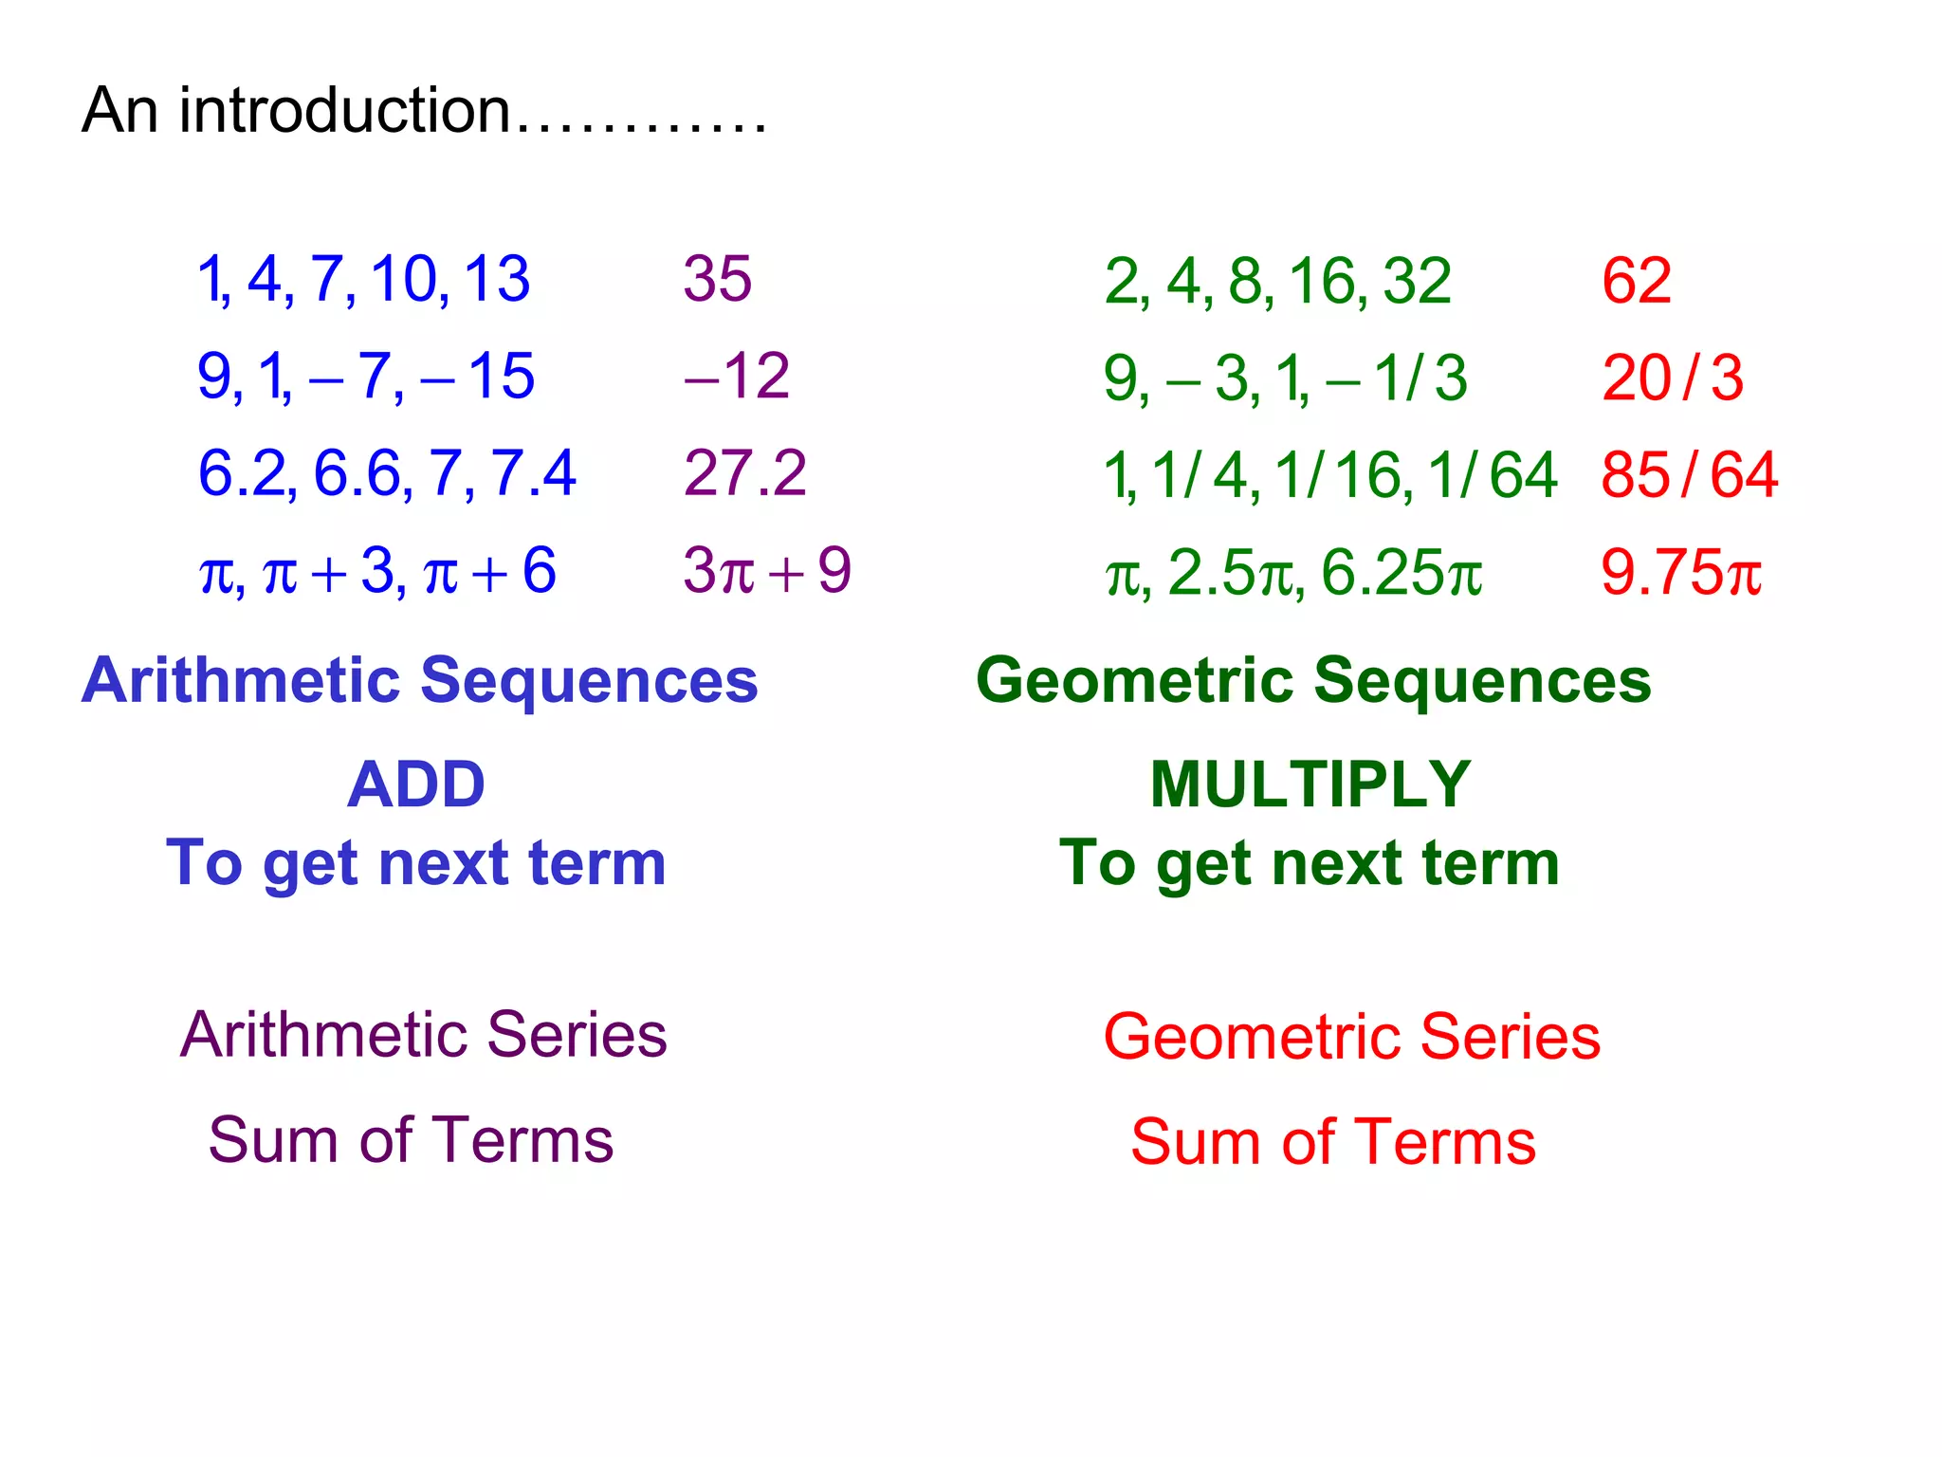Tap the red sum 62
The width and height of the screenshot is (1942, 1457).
[x=1636, y=281]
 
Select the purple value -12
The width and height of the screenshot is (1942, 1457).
[x=737, y=376]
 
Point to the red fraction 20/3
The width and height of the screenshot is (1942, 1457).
[x=1672, y=378]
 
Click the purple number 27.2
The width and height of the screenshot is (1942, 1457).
[x=744, y=472]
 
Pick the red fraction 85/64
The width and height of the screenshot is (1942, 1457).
[x=1689, y=474]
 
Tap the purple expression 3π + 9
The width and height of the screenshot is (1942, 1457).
[x=766, y=571]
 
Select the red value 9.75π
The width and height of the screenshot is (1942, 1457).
[x=1680, y=573]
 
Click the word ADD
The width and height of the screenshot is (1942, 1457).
[x=415, y=784]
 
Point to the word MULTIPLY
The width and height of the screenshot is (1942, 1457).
[x=1310, y=784]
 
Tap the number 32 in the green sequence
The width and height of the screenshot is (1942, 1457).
[x=1417, y=281]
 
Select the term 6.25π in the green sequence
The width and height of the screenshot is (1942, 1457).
[x=1401, y=573]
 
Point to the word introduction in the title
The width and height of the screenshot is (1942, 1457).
[x=345, y=111]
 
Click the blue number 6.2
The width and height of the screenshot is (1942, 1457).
[x=242, y=472]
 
